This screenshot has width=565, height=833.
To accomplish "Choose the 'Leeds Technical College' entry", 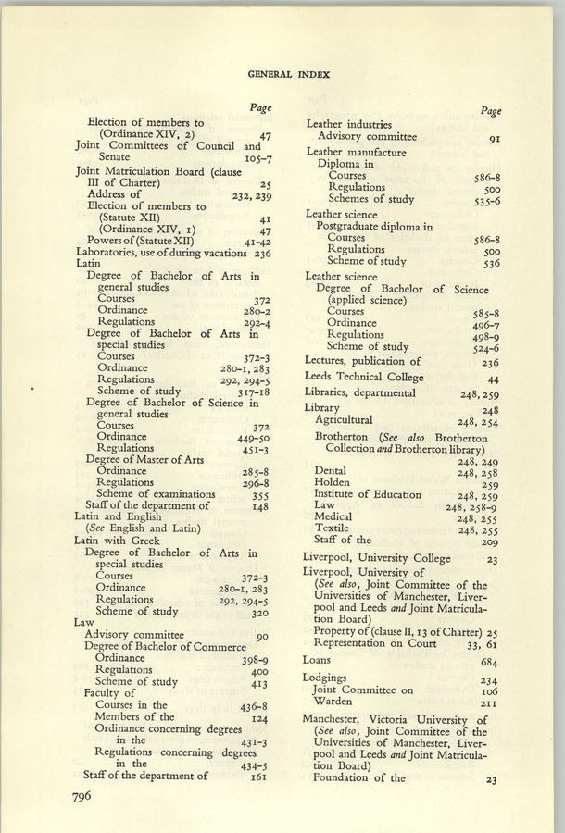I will [x=364, y=377].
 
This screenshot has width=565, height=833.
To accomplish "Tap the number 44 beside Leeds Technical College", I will [x=493, y=379].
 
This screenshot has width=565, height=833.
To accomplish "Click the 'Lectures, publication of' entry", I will [x=362, y=361].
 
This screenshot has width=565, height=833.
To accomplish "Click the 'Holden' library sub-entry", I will [x=332, y=482].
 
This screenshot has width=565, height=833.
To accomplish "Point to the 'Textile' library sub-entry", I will [x=332, y=528].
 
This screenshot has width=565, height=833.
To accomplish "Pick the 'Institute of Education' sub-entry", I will [x=368, y=494].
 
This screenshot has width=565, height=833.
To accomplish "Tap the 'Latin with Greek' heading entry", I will [x=120, y=540].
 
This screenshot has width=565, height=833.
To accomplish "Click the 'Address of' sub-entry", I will [x=115, y=194].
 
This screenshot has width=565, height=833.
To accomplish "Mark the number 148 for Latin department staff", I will [x=259, y=506].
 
